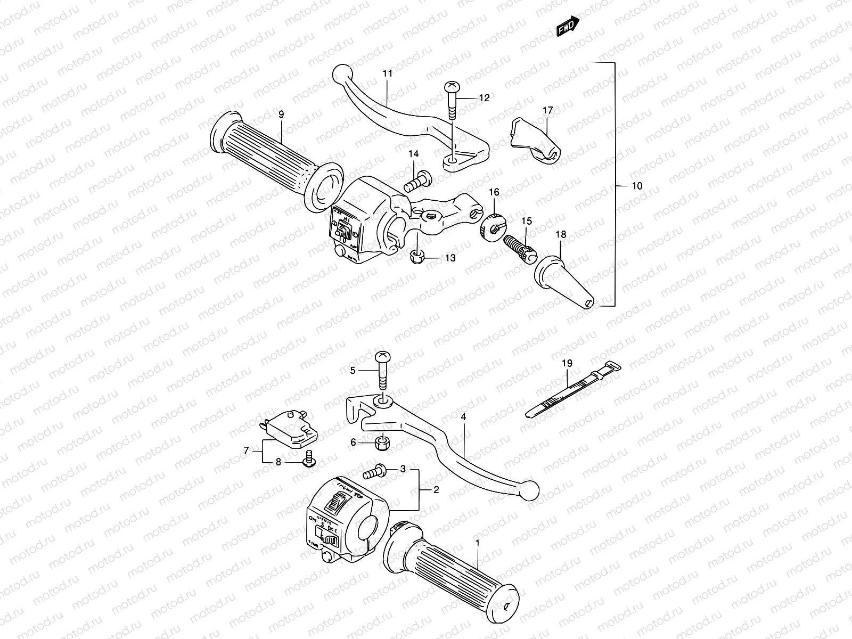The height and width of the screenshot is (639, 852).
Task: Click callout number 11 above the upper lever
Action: coord(387,73)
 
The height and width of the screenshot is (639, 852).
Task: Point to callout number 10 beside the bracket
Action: coord(637,186)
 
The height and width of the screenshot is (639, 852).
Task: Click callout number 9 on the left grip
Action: coord(281,114)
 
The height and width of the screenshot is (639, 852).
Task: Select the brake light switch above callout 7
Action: coord(291,427)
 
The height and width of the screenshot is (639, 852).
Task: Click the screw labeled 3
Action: coord(374,471)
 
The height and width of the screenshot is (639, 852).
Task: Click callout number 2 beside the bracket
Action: coord(436,490)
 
